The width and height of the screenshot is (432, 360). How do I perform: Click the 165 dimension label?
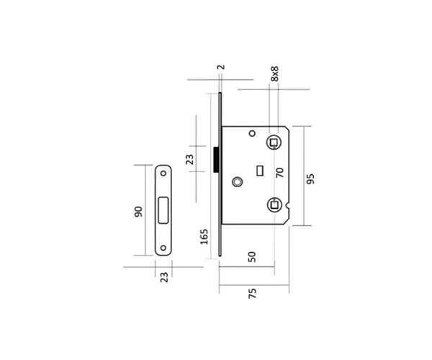pos(204,237)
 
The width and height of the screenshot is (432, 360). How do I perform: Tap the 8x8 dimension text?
pos(275,73)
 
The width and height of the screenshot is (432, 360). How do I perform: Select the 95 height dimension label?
pos(310,179)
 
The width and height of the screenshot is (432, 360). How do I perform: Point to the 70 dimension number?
pos(279,173)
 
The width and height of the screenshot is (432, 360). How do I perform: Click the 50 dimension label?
pos(252,257)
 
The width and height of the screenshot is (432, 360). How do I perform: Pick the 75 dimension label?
pos(253,293)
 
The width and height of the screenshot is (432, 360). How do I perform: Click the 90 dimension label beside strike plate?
pos(138,212)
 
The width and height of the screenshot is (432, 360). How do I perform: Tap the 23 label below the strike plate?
pos(164,277)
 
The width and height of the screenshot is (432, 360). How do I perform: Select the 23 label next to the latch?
pos(189,159)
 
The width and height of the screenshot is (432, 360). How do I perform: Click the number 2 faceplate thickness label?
pos(221,67)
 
